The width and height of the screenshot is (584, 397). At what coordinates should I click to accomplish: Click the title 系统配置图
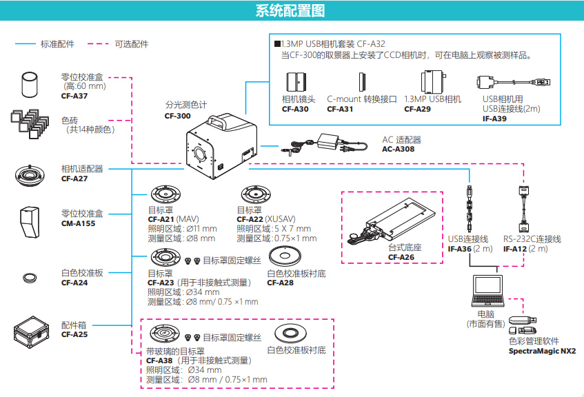click(x=290, y=11)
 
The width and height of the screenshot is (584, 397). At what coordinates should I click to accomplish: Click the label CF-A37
click(x=74, y=96)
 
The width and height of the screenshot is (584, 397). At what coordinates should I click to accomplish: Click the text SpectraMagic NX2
click(x=542, y=351)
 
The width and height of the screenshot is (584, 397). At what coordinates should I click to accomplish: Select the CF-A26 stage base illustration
click(x=391, y=224)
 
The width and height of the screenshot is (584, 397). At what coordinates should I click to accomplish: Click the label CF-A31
click(x=340, y=109)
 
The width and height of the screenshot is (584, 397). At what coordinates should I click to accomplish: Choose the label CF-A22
click(x=250, y=220)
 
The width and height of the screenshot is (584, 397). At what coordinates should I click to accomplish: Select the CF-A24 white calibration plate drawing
click(x=32, y=278)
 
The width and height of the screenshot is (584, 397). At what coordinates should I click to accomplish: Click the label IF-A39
click(x=494, y=119)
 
